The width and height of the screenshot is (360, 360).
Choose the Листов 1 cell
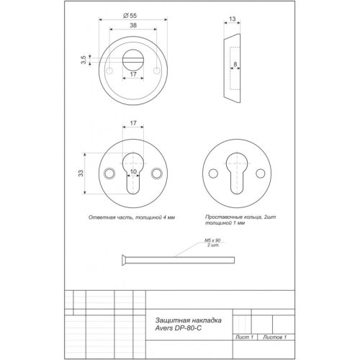pos(274,337)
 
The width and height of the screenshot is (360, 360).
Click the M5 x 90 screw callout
pos(211,241)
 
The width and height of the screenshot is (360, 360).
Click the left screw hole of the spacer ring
pos(214,174)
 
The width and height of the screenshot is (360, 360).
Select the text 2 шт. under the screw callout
pos(212,247)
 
